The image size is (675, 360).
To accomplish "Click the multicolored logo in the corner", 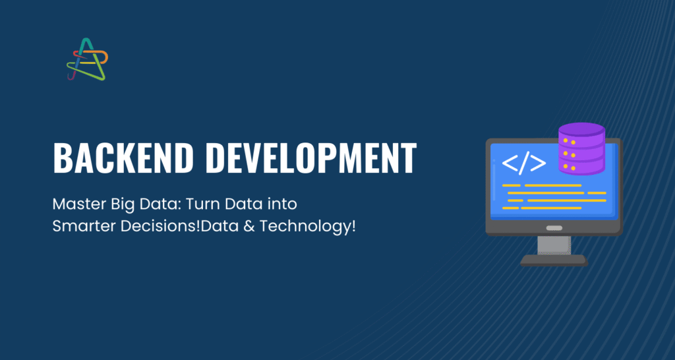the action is click(x=88, y=59).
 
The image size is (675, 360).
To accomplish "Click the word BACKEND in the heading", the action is click(x=123, y=158).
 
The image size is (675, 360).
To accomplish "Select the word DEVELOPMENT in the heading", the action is click(x=314, y=158).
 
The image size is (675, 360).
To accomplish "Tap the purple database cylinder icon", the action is click(x=581, y=148).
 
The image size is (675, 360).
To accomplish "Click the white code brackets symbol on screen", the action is click(x=524, y=163).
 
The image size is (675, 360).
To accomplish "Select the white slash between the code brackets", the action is click(x=524, y=163).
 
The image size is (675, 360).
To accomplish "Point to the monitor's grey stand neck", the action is click(x=554, y=245).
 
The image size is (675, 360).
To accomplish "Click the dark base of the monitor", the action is click(x=554, y=260).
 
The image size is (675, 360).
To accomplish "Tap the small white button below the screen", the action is click(x=554, y=227).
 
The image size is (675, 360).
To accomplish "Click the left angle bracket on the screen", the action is click(x=510, y=164).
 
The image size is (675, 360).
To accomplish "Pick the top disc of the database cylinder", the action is click(x=581, y=129).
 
